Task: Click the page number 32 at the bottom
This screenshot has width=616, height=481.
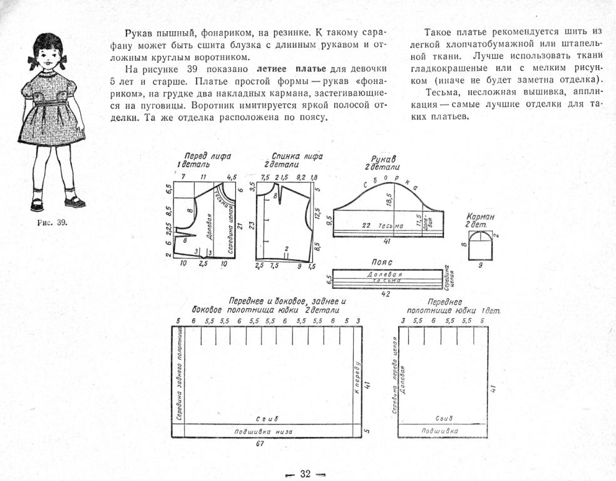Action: pyautogui.click(x=305, y=473)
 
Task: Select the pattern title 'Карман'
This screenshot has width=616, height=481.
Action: pyautogui.click(x=481, y=217)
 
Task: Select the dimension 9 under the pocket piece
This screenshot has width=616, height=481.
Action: pyautogui.click(x=481, y=265)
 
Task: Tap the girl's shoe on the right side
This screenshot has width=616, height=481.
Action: pyautogui.click(x=74, y=202)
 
